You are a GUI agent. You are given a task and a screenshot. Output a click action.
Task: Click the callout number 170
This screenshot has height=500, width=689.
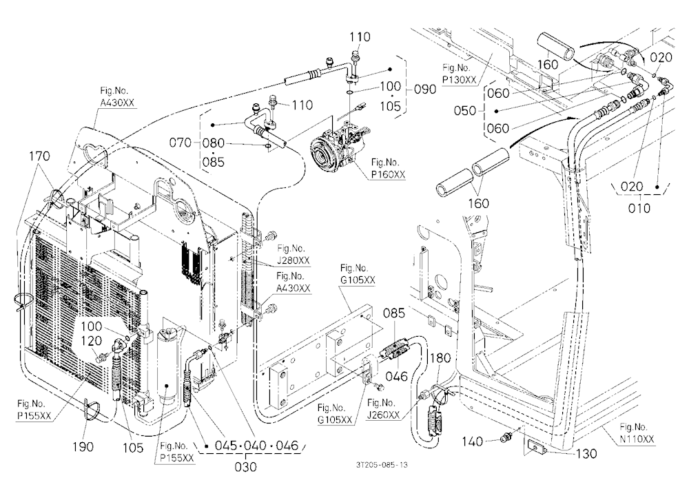pos(39,156)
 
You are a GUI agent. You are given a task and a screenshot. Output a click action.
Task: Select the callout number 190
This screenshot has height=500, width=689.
pos(83,447)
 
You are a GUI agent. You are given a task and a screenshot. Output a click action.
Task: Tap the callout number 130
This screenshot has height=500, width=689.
pos(586,453)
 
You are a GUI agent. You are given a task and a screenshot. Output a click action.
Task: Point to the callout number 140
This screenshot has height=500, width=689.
pos(473,441)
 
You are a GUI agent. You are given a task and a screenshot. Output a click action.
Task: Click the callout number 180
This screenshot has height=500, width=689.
pos(440,358)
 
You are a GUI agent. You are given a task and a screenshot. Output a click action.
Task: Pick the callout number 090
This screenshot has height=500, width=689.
pos(425,90)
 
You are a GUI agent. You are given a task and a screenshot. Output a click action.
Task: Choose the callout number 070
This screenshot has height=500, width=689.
pos(180,143)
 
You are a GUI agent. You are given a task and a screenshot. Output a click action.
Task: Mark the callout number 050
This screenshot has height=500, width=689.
pos(465,110)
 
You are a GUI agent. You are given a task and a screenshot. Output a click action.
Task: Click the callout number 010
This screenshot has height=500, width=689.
pos(639,208)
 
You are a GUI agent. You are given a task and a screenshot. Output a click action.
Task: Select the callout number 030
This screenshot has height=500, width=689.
pos(245,467)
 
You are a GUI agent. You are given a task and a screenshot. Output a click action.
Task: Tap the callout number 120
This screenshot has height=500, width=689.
pos(92,341)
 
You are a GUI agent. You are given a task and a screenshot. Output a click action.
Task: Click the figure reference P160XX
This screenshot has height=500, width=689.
pos(388,174)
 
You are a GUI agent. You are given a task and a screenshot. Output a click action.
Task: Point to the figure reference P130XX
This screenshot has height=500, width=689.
pos(459,80)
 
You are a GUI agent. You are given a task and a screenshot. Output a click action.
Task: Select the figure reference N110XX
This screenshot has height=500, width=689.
pos(637,439)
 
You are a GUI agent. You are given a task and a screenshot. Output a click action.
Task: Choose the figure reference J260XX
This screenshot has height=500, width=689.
pos(384,415)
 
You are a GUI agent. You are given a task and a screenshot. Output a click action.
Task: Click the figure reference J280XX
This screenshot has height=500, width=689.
pos(293,260)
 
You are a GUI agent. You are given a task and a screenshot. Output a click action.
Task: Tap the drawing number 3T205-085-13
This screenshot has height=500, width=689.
pos(382,464)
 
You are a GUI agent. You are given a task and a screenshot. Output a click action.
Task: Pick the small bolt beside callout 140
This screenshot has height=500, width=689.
pos(506,437)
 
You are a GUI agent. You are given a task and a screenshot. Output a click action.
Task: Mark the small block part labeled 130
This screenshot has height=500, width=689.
pos(535,447)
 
